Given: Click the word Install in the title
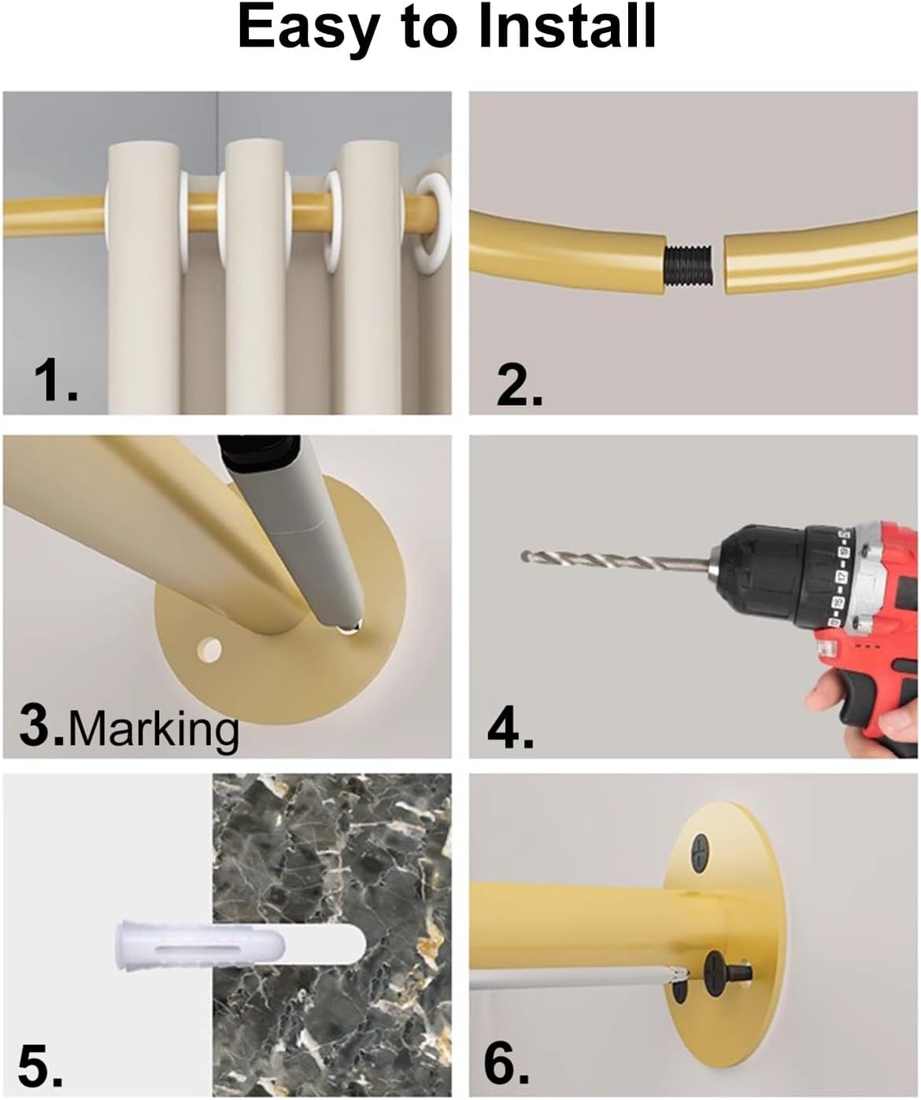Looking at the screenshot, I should point(568,28).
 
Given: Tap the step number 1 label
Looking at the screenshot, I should point(55,383).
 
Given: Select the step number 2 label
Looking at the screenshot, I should point(519,386).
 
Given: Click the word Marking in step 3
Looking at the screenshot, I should point(154,729).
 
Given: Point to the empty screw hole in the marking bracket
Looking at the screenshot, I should point(209,650).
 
